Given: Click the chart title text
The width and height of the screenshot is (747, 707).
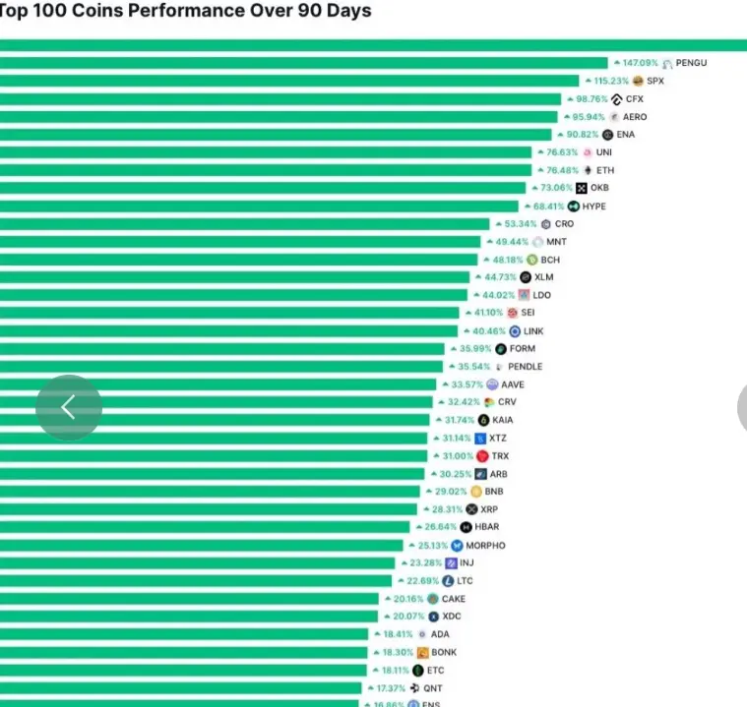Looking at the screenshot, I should (186, 12).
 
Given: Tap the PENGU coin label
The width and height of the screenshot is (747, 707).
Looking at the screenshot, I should (691, 63).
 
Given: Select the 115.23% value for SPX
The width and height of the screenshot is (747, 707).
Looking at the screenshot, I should (610, 81).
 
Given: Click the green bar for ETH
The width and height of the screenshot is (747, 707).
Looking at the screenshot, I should (266, 170).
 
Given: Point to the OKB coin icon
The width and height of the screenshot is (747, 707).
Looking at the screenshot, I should (582, 188).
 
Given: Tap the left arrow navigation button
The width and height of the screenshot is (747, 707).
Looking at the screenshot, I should (68, 407).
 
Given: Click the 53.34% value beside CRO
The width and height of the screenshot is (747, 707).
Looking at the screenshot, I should (521, 224).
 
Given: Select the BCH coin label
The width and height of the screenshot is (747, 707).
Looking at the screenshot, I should (550, 260).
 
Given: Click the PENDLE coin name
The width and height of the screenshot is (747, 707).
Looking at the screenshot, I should (525, 367).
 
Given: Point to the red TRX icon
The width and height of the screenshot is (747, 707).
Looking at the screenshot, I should (482, 456).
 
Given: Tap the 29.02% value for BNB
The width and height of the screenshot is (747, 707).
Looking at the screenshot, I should (448, 491).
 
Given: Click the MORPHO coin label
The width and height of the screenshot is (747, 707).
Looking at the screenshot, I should (485, 546).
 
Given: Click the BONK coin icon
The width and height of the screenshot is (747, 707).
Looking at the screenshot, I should (422, 653).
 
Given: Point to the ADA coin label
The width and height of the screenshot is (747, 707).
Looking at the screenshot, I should (440, 634).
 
